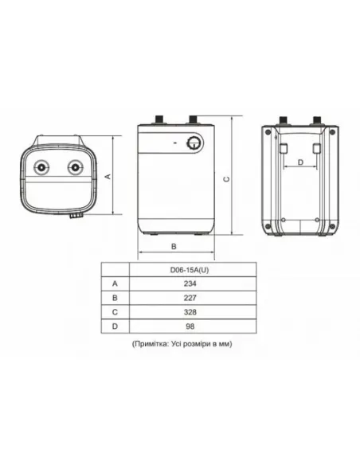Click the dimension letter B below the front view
point(174,246)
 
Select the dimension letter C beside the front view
point(229,179)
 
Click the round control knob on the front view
point(194,143)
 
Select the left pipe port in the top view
point(41,168)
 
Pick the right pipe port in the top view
point(75,168)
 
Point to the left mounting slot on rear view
point(284,150)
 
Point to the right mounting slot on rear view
point(316,150)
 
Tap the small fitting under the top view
point(74,214)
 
